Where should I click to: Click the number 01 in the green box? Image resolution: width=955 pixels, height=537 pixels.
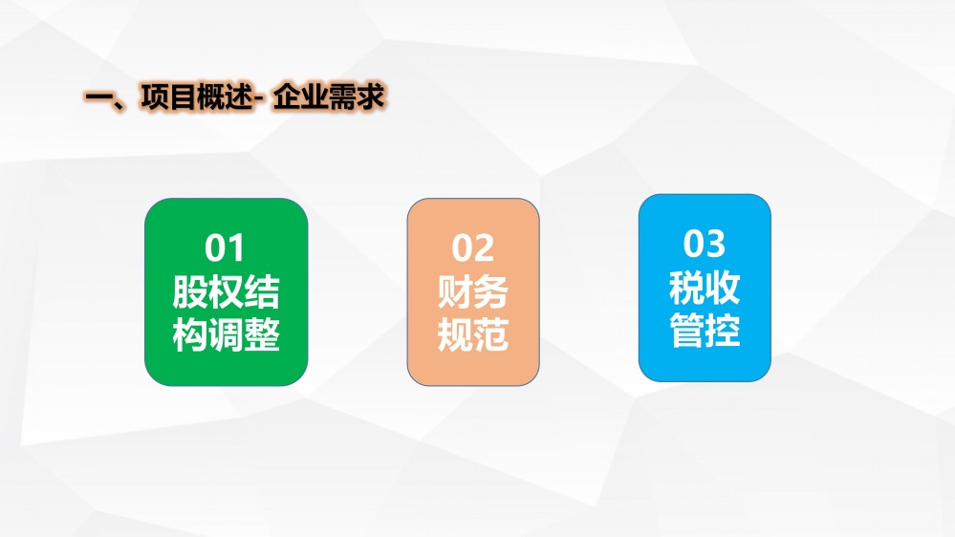(x=225, y=248)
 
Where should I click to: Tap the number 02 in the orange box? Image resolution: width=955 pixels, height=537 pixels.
(x=472, y=248)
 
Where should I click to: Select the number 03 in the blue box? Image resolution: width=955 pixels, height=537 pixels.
(x=705, y=244)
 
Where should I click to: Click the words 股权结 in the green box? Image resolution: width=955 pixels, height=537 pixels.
(x=226, y=292)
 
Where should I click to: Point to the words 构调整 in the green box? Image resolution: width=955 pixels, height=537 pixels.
(x=226, y=334)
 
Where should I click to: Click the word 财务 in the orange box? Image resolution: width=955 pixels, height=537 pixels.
(x=472, y=292)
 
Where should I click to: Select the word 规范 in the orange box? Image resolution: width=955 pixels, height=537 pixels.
(x=472, y=334)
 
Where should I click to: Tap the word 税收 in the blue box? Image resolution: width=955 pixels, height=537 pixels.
(x=705, y=288)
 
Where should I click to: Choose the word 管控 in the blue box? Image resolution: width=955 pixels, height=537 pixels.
(x=705, y=330)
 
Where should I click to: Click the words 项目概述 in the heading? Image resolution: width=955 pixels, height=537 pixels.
(x=196, y=97)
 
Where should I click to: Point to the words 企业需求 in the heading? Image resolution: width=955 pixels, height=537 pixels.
(x=329, y=97)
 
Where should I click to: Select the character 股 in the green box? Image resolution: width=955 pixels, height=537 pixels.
(x=190, y=292)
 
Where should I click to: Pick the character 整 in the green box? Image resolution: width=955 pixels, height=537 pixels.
(x=262, y=334)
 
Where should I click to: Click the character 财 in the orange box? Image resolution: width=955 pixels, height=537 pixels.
(x=455, y=292)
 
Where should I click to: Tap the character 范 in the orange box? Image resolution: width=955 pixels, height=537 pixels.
(x=491, y=334)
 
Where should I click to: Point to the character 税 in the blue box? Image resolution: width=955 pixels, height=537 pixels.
(x=687, y=288)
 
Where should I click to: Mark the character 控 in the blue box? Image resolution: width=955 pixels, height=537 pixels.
(x=723, y=330)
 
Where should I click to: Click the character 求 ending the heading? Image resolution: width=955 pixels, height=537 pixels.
(x=371, y=97)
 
